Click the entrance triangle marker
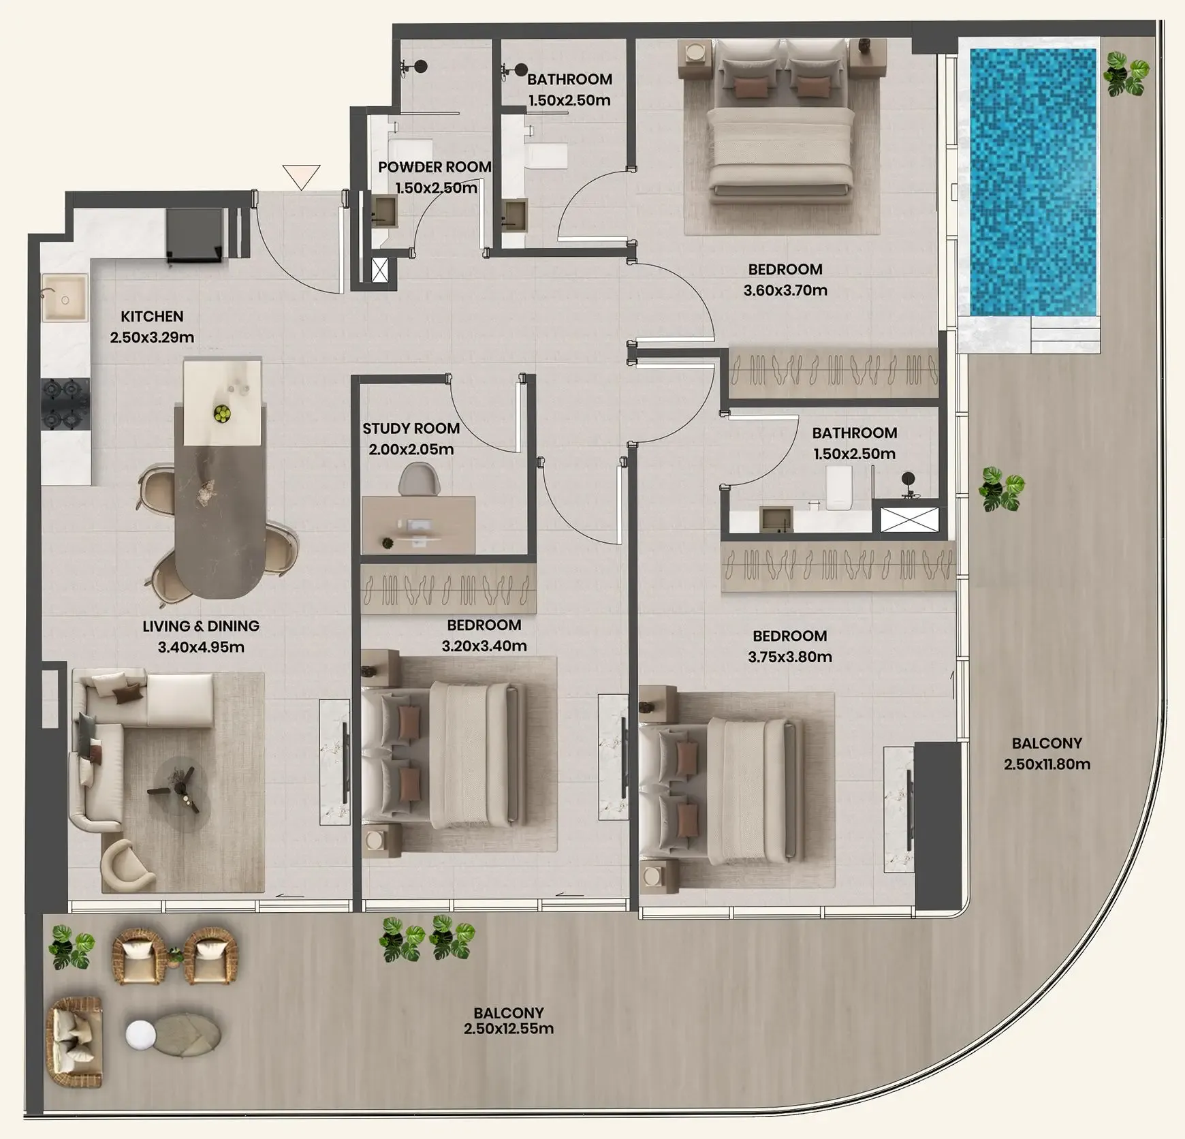(301, 176)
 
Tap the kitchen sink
(65, 298)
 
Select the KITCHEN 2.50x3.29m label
(152, 327)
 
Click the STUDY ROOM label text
(411, 428)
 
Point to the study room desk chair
(419, 478)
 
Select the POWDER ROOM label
(434, 168)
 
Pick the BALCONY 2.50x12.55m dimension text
(509, 1029)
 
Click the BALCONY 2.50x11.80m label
(1047, 753)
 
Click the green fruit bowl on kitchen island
(221, 413)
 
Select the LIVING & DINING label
(201, 626)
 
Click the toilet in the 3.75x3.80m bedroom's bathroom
(839, 487)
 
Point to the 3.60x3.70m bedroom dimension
(785, 290)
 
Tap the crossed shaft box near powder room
(380, 269)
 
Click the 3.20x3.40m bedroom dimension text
(484, 646)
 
